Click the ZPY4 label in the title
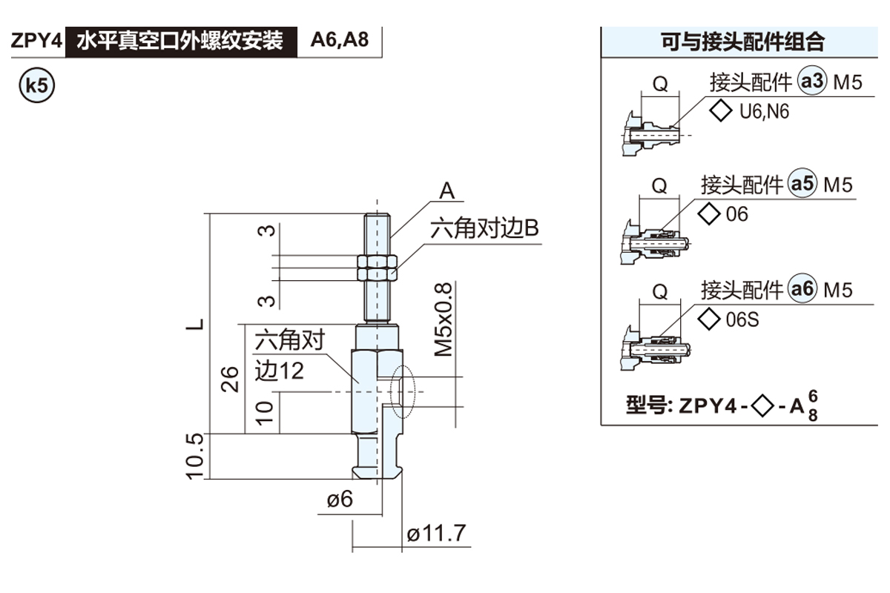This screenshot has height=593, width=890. pyautogui.click(x=36, y=41)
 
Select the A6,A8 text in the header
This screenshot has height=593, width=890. pyautogui.click(x=339, y=40)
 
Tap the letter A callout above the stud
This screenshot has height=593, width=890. pyautogui.click(x=446, y=191)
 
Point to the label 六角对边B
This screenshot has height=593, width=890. pyautogui.click(x=485, y=229)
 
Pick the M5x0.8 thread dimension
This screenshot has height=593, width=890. pyautogui.click(x=444, y=319)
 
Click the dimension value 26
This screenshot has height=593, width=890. pyautogui.click(x=231, y=378)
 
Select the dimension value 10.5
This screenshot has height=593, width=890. pyautogui.click(x=195, y=456)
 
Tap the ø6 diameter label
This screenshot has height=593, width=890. pyautogui.click(x=340, y=500)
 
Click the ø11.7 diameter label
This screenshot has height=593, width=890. pyautogui.click(x=437, y=533)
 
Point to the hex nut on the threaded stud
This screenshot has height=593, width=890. pyautogui.click(x=378, y=267)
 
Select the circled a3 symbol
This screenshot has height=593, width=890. pyautogui.click(x=811, y=82)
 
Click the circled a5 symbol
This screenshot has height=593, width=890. pyautogui.click(x=802, y=184)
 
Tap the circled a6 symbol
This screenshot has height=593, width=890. pyautogui.click(x=802, y=289)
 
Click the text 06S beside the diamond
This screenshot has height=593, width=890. pyautogui.click(x=742, y=320)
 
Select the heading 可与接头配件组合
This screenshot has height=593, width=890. pyautogui.click(x=742, y=42)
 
